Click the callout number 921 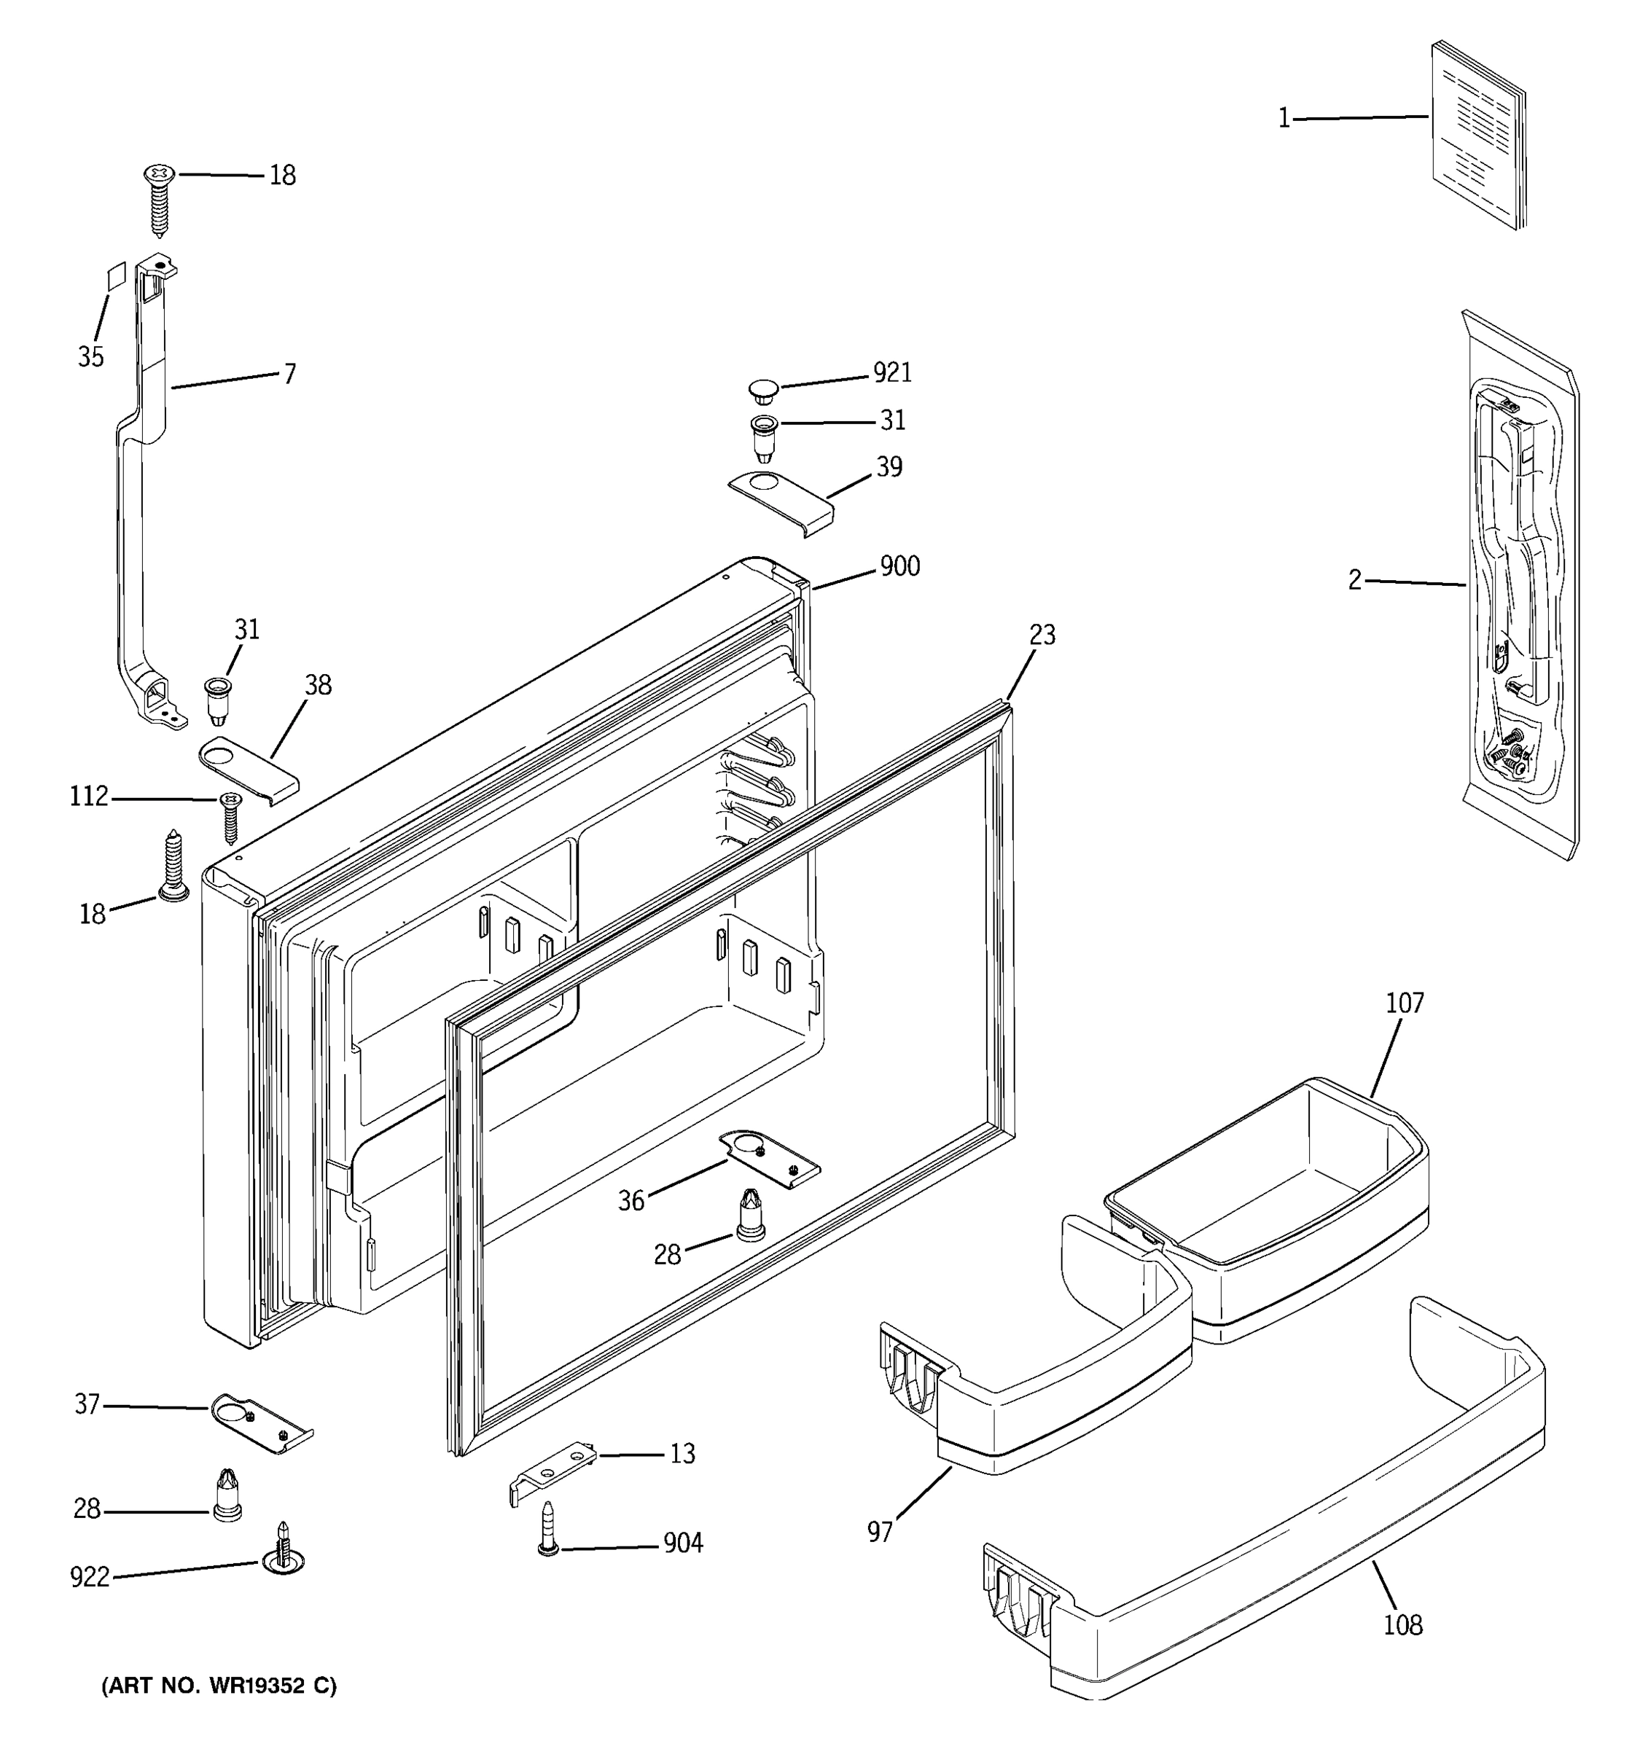point(891,373)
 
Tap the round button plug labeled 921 point(764,389)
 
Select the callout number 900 point(899,566)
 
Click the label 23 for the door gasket point(1042,635)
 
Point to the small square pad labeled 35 point(116,275)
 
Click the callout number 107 point(1405,1003)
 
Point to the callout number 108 point(1402,1625)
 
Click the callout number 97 point(879,1533)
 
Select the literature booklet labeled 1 point(1478,136)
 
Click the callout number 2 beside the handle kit point(1354,581)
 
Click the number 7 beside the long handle point(289,374)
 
